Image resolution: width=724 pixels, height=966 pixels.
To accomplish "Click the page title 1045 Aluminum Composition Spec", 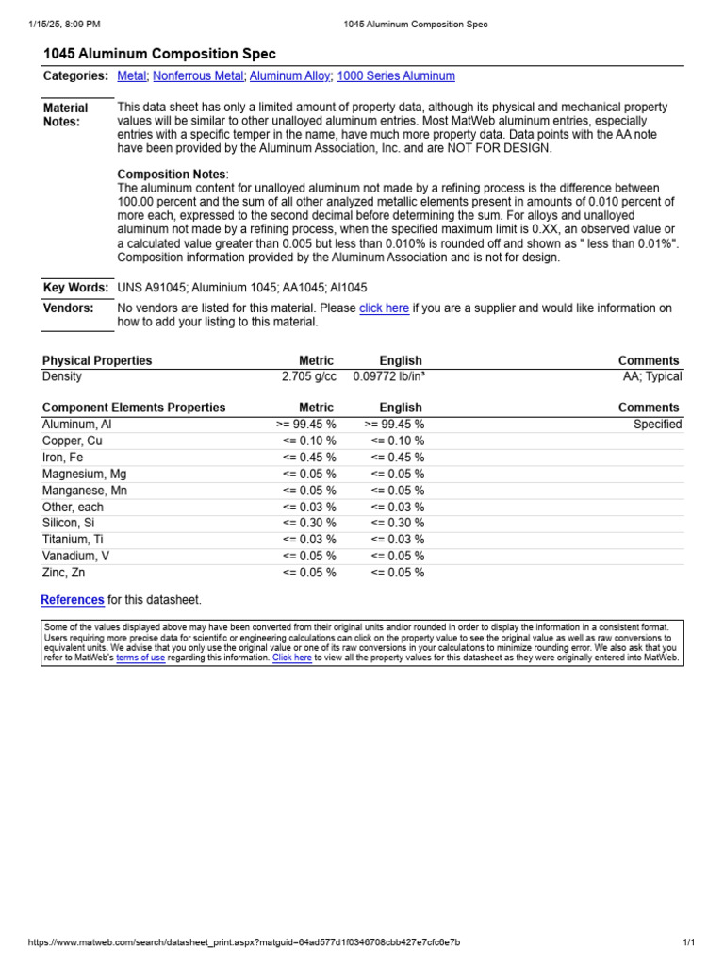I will [x=159, y=54].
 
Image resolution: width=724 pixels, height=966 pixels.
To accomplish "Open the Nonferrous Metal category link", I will [x=198, y=76].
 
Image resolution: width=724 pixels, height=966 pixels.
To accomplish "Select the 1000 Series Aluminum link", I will [x=395, y=76].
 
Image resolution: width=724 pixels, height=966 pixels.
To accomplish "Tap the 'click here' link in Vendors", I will [x=384, y=308].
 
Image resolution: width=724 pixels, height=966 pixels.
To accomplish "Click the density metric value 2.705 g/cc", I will [x=308, y=376].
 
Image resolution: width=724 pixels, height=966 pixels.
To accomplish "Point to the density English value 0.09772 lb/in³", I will [x=387, y=376].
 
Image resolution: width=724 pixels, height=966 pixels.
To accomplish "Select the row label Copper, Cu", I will [x=73, y=441].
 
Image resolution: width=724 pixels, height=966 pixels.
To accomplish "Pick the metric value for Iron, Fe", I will [x=309, y=458].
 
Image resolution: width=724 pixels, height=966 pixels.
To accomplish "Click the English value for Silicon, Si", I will [x=397, y=523].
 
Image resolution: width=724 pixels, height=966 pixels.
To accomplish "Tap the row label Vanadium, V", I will [x=75, y=556].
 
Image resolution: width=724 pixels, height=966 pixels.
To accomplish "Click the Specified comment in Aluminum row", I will [x=657, y=425].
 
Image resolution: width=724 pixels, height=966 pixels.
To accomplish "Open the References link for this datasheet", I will [x=73, y=600].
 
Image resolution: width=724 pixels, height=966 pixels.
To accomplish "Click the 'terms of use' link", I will [x=140, y=658].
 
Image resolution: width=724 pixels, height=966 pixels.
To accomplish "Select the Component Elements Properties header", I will [x=134, y=408].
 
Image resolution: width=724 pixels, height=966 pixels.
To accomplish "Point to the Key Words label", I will [x=75, y=288].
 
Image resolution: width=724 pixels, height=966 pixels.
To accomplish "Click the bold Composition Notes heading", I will [x=171, y=175].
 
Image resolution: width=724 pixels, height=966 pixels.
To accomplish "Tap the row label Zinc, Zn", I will [x=63, y=573].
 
